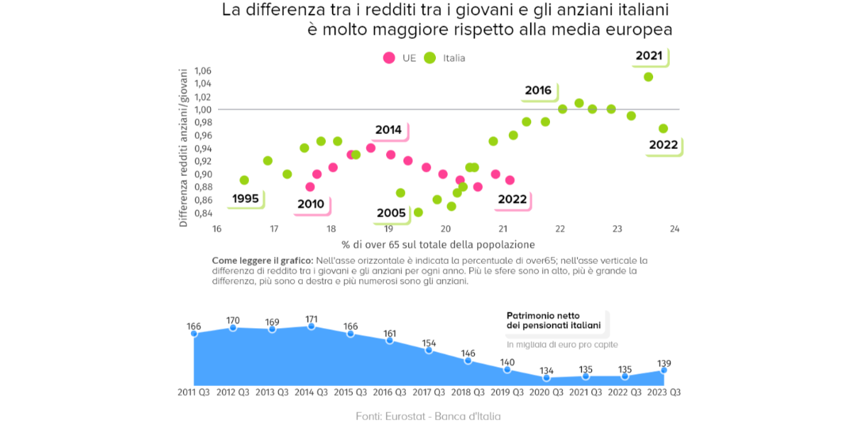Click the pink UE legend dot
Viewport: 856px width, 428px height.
pyautogui.click(x=389, y=58)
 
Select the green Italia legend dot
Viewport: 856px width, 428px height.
pyautogui.click(x=430, y=58)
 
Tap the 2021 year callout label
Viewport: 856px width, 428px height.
pyautogui.click(x=648, y=56)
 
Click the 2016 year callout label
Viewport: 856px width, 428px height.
pyautogui.click(x=538, y=90)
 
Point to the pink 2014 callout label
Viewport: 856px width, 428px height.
pyautogui.click(x=388, y=130)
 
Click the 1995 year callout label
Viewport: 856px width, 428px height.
pyautogui.click(x=246, y=198)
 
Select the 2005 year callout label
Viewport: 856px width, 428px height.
pyautogui.click(x=392, y=213)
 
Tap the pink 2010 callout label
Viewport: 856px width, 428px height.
pyautogui.click(x=311, y=204)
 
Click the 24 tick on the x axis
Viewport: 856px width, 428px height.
pyautogui.click(x=674, y=229)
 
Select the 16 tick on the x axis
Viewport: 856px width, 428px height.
pyautogui.click(x=216, y=229)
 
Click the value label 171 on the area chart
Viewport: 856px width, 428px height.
pyautogui.click(x=311, y=319)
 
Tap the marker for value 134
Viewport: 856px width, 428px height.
pyautogui.click(x=546, y=378)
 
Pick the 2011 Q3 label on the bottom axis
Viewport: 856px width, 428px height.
pyautogui.click(x=193, y=392)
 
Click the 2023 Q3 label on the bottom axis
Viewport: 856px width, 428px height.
pyautogui.click(x=664, y=392)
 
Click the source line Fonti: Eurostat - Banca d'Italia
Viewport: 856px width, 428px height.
pyautogui.click(x=428, y=416)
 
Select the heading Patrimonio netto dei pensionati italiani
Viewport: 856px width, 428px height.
pyautogui.click(x=553, y=320)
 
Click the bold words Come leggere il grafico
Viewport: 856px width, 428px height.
pyautogui.click(x=262, y=261)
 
